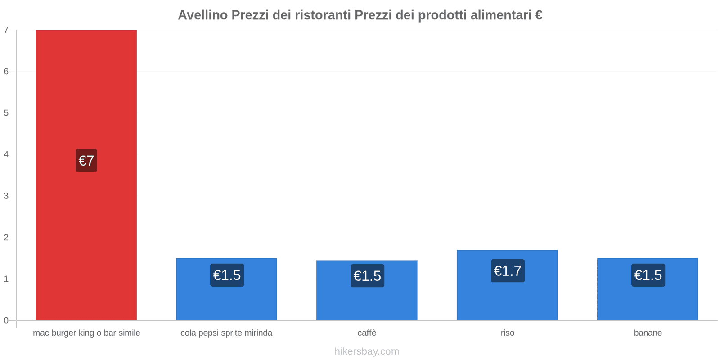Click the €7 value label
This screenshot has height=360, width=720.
click(86, 161)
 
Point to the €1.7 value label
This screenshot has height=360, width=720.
click(508, 271)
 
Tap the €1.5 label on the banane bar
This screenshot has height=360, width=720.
click(648, 275)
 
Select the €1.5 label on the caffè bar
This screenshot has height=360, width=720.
click(367, 276)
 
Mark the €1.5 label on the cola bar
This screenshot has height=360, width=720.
click(227, 275)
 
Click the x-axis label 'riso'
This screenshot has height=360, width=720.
click(508, 333)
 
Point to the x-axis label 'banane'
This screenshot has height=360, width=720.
click(648, 333)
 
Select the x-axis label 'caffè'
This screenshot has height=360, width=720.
click(367, 333)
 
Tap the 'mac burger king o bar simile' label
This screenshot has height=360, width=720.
click(86, 333)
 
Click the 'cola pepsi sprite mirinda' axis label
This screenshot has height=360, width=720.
click(226, 333)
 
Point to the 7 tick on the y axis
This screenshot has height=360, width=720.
click(6, 30)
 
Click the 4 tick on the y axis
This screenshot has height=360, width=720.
click(6, 154)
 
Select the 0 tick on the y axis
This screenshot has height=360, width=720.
click(6, 320)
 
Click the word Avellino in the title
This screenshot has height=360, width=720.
click(202, 15)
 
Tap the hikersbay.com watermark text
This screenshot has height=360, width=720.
click(367, 351)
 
